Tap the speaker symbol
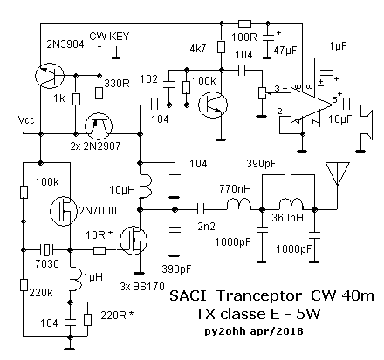click(367, 125)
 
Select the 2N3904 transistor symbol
click(50, 76)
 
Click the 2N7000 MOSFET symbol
click(64, 211)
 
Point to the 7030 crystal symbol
click(46, 249)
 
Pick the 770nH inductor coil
click(238, 204)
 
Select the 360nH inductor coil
click(291, 204)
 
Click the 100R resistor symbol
click(244, 24)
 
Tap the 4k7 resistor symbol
click(221, 47)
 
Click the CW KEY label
click(109, 37)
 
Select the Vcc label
click(26, 119)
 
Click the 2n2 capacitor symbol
click(201, 209)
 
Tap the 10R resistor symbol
click(99, 250)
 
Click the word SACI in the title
click(188, 296)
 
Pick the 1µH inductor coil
click(76, 279)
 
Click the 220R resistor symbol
click(87, 320)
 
